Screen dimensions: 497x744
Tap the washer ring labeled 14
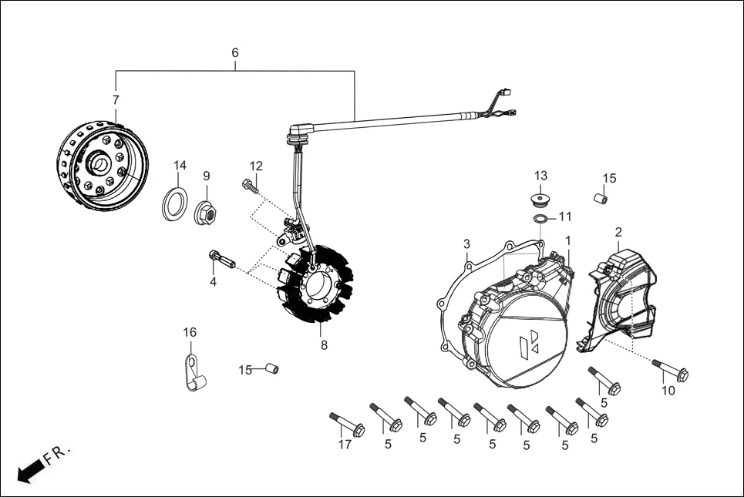(175, 203)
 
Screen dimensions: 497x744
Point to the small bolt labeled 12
(251, 186)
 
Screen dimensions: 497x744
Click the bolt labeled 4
(221, 258)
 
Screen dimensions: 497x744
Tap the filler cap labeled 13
(540, 201)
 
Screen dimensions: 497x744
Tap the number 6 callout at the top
(235, 52)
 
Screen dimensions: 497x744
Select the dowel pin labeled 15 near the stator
(270, 369)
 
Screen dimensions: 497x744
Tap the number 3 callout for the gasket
(466, 244)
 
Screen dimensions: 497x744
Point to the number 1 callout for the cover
(568, 240)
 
